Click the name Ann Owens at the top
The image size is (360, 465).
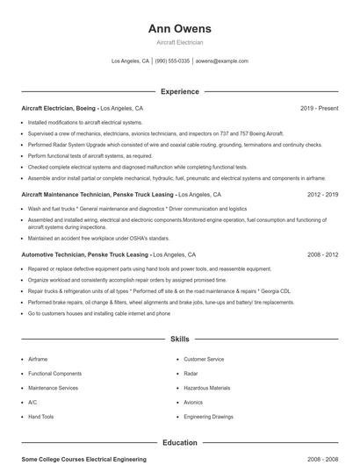[x=179, y=28]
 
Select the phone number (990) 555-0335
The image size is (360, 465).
[x=172, y=61]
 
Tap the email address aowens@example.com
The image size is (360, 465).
[x=221, y=61]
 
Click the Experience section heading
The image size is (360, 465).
[x=179, y=91]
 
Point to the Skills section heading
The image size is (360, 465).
[x=179, y=338]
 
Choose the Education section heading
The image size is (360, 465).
[x=179, y=442]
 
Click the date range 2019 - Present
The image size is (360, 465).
[x=319, y=108]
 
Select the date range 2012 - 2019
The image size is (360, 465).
[x=322, y=194]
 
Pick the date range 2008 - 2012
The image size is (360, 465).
[x=322, y=254]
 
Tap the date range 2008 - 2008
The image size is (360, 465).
[x=322, y=459]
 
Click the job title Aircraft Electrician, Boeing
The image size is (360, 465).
[x=59, y=108]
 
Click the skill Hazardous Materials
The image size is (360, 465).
[x=206, y=388]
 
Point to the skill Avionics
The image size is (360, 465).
[x=193, y=402]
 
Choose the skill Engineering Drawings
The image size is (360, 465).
[x=209, y=417]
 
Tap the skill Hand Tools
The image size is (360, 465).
[x=41, y=417]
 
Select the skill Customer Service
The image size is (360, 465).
[x=204, y=359]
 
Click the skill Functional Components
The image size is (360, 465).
[x=54, y=374]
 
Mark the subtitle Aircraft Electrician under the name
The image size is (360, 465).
[x=179, y=42]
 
